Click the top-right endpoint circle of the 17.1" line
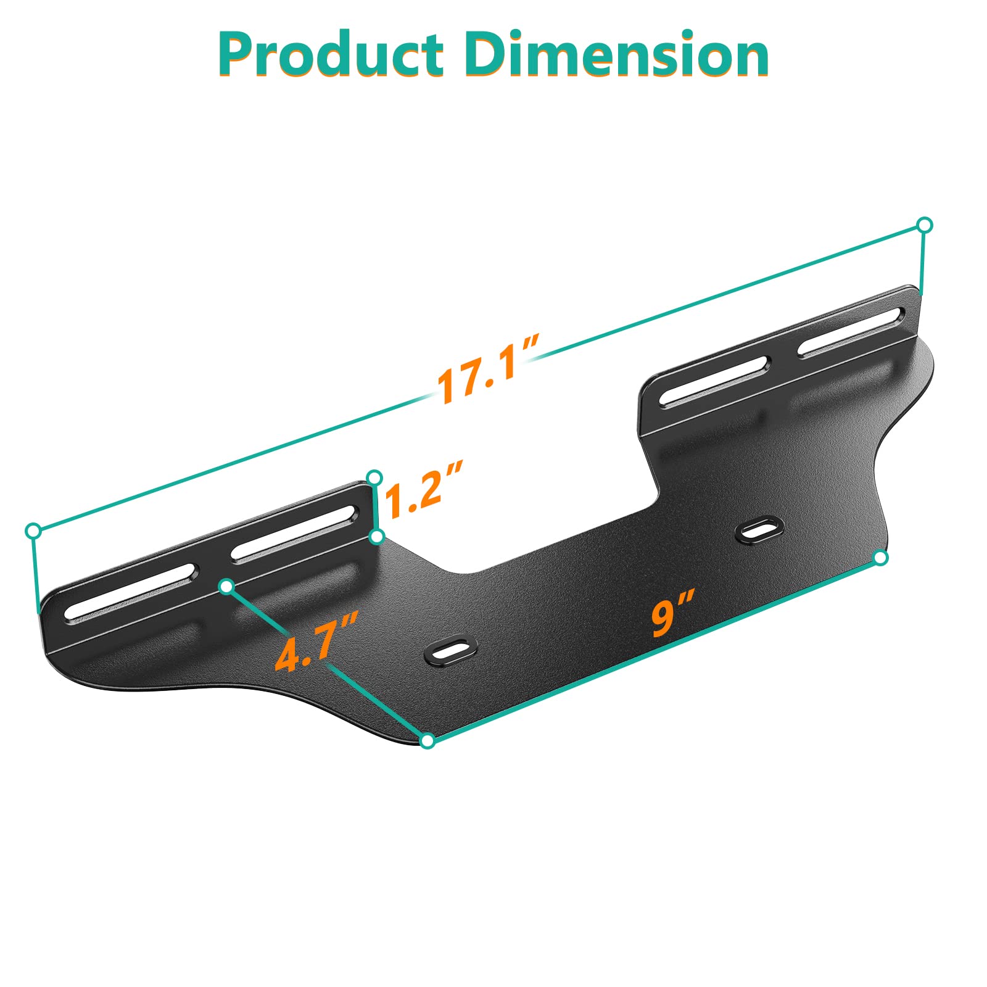tap(924, 225)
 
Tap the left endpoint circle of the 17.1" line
tap(34, 531)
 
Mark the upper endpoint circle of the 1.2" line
tap(374, 477)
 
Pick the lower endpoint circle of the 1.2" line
tap(377, 536)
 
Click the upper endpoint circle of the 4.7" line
tap(227, 586)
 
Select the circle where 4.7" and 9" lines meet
tap(427, 741)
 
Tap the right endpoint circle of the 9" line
tap(881, 558)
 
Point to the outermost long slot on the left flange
tap(131, 591)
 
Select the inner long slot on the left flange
tap(294, 534)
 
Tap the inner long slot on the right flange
tap(714, 381)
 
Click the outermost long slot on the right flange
tap(851, 332)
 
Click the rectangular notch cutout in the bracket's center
tap(543, 524)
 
